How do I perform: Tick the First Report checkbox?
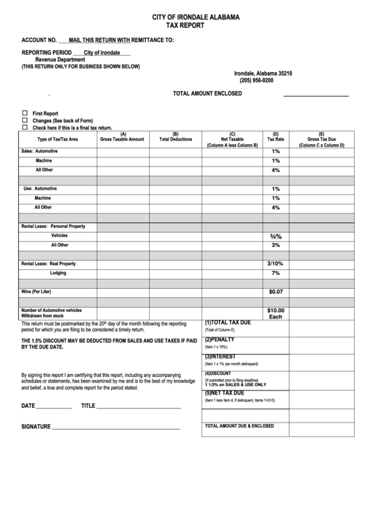(x=25, y=113)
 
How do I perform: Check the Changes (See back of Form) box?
(x=25, y=120)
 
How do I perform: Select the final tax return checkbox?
(x=25, y=127)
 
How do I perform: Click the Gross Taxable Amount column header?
(x=122, y=137)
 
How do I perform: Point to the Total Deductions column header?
(x=175, y=137)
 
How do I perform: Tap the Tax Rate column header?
(x=276, y=137)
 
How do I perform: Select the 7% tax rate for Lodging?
(x=276, y=273)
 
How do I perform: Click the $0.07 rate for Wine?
(x=276, y=292)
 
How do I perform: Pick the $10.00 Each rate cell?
(x=276, y=313)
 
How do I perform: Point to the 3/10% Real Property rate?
(x=276, y=264)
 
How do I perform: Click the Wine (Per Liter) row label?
(x=36, y=291)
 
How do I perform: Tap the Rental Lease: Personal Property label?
(x=53, y=227)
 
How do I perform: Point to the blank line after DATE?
(x=54, y=406)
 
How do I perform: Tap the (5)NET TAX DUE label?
(x=225, y=393)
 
